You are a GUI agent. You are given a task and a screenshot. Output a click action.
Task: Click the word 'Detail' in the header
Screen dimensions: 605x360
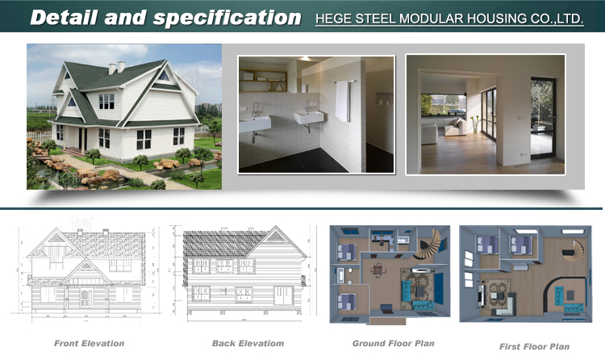(64, 18)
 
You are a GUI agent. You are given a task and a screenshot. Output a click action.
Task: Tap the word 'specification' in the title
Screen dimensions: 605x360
(227, 19)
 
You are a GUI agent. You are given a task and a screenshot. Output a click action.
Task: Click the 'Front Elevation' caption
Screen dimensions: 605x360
(89, 343)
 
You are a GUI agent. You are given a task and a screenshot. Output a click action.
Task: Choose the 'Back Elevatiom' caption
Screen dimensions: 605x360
(248, 343)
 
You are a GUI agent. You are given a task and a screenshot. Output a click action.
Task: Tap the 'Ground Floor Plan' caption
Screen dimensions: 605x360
(393, 343)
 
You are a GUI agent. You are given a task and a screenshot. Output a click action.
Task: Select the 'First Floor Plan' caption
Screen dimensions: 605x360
(534, 346)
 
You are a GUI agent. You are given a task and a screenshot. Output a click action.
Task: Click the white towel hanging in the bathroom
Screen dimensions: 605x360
(342, 101)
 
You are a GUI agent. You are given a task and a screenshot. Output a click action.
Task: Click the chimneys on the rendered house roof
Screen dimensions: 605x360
(116, 67)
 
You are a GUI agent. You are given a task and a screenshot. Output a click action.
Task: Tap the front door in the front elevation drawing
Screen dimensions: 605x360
(86, 299)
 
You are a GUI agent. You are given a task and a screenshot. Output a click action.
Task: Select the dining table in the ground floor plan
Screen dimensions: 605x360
(378, 270)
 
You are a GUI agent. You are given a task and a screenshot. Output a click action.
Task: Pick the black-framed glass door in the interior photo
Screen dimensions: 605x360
(543, 117)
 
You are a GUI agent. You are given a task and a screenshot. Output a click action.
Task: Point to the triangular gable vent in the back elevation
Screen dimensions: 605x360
(276, 237)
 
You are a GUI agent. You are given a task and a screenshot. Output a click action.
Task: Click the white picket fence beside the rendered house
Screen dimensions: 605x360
(39, 136)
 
